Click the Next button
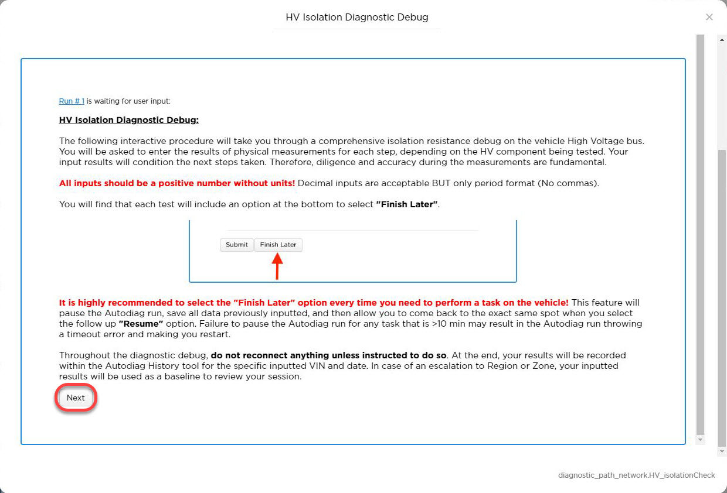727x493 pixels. [x=76, y=398]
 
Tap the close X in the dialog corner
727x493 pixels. [x=709, y=17]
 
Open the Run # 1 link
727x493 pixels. [x=72, y=101]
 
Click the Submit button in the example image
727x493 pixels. [x=237, y=245]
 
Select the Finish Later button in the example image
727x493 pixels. [x=278, y=245]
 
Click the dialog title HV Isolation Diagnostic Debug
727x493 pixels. [x=357, y=17]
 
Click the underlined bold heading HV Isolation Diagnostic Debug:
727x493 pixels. [x=129, y=120]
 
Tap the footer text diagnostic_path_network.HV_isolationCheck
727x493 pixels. [x=637, y=475]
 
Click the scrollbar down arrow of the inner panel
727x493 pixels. [x=700, y=439]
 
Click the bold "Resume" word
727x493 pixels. [x=140, y=324]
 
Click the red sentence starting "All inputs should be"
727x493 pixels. [x=177, y=183]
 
